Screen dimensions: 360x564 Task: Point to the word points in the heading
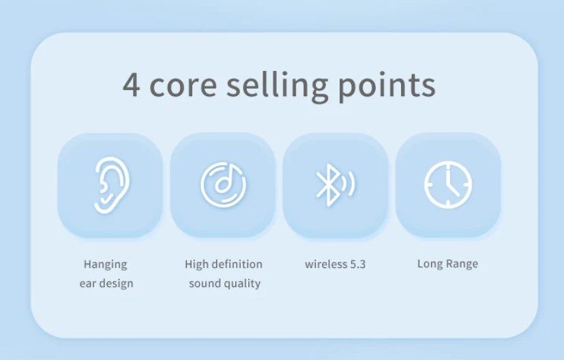coord(387,87)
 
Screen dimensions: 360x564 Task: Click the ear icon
coord(110,184)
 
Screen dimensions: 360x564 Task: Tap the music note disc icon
coord(223,185)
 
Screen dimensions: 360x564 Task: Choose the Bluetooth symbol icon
coord(334,185)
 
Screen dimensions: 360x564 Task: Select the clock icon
coord(448,185)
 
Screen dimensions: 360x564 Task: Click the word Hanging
coord(105,265)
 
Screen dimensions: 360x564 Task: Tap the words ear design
coord(106,283)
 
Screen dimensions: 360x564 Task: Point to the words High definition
coord(223,264)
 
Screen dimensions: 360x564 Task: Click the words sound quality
coord(224,283)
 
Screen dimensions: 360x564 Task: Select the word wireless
coord(326,264)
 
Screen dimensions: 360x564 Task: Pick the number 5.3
coord(357,264)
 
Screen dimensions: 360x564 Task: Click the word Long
coord(430,264)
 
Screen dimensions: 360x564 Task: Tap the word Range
coord(462,265)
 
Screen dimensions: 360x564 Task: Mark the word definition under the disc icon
coord(237,264)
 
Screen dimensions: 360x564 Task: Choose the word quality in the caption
coord(241,284)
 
